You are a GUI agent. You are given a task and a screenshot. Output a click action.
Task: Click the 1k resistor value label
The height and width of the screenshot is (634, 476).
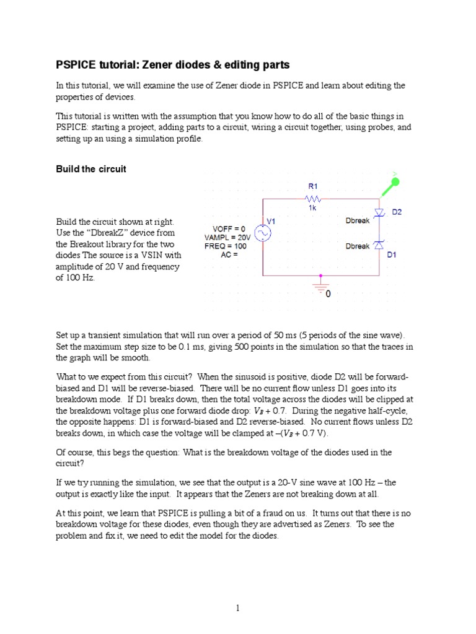point(313,209)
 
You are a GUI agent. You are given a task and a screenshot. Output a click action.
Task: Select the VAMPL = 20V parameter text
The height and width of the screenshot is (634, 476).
point(227,237)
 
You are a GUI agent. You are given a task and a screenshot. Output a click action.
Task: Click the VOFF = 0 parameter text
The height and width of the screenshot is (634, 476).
point(228,228)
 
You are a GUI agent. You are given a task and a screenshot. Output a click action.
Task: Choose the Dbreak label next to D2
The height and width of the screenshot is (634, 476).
point(357,220)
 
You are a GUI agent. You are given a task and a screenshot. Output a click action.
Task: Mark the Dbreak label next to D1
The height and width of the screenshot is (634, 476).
point(357,246)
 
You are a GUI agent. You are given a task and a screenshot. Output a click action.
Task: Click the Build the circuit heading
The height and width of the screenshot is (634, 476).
point(91,169)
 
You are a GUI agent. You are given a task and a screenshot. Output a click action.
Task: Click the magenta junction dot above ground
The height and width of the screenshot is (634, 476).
point(320,275)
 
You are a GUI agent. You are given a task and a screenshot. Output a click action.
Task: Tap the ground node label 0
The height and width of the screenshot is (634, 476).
point(328,293)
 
